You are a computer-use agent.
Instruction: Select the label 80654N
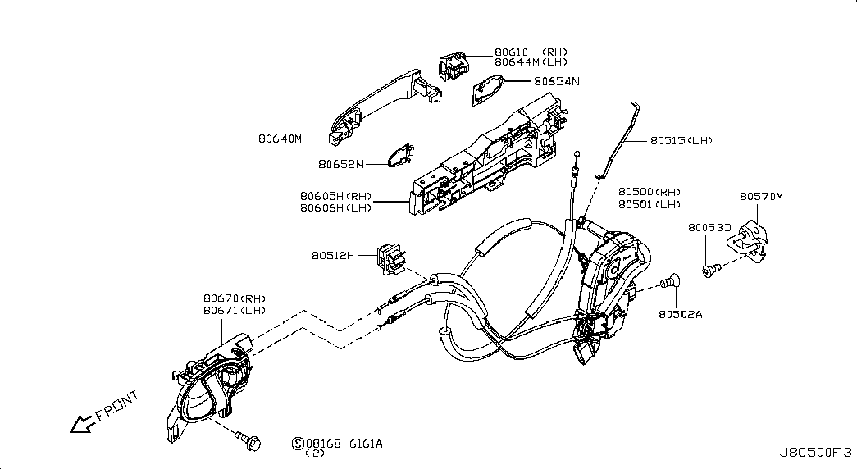[x=556, y=81]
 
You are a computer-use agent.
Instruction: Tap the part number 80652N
[x=340, y=164]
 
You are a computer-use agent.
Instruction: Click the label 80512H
[x=332, y=256]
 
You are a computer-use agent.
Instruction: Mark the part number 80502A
[x=680, y=313]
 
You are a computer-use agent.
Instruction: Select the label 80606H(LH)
[x=335, y=208]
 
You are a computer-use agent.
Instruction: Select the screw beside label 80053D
[x=710, y=268]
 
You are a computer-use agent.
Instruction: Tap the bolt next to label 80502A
[x=668, y=282]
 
